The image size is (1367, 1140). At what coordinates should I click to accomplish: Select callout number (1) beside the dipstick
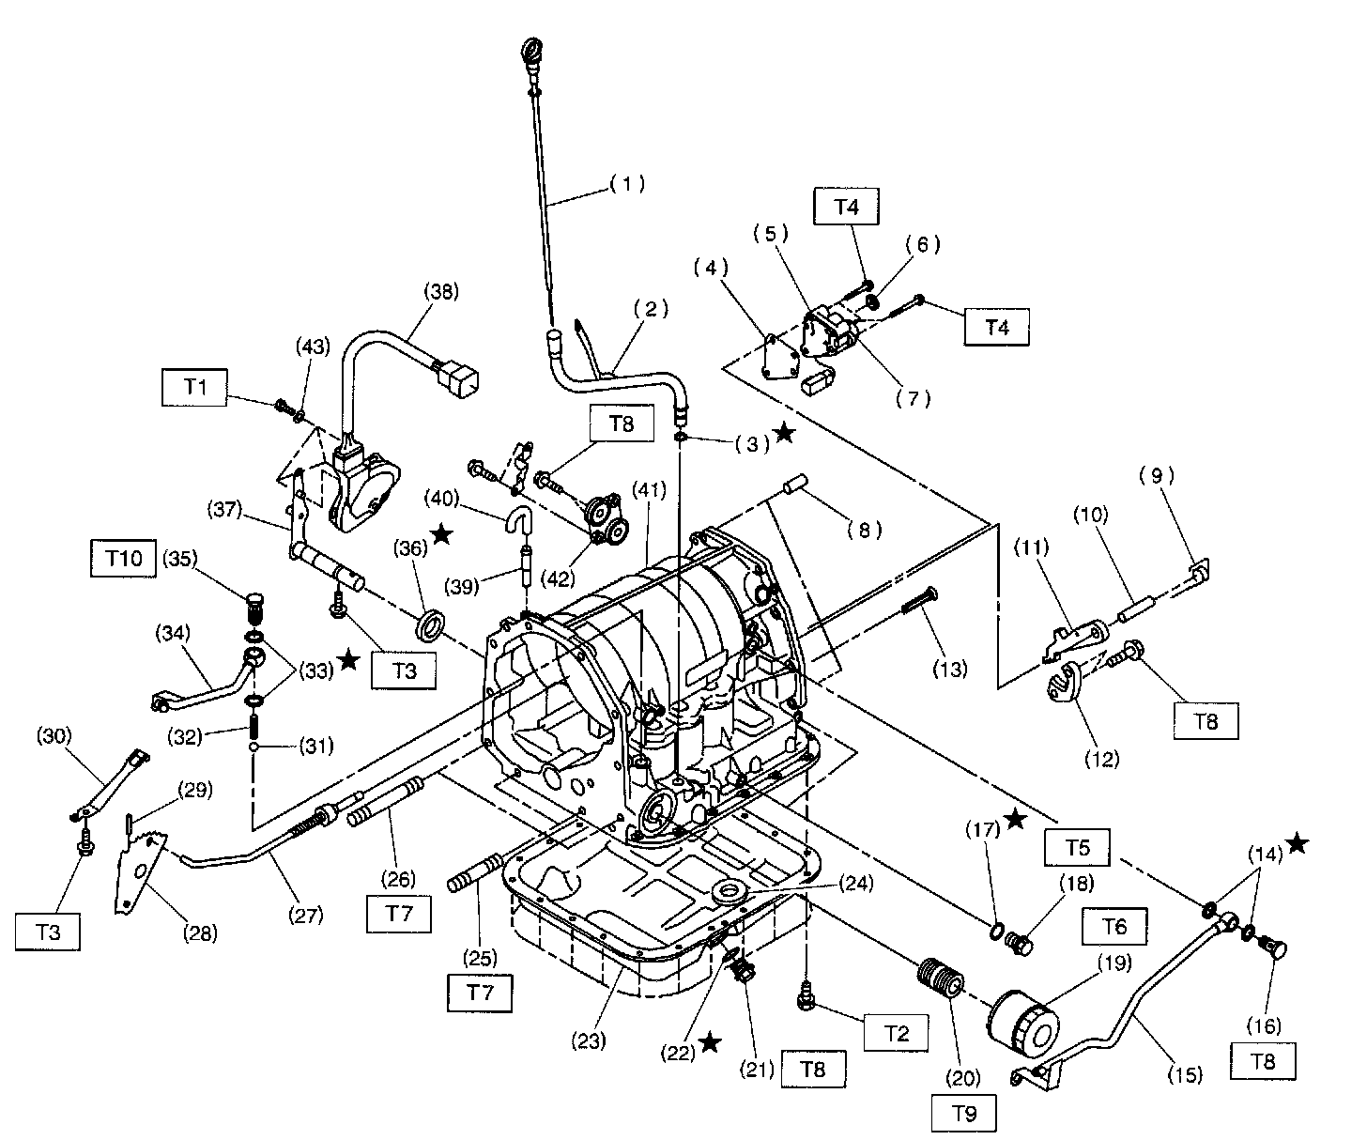coord(627,185)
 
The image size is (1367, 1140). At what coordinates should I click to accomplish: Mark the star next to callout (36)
coord(442,536)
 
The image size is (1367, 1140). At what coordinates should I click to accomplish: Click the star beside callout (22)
coord(710,1042)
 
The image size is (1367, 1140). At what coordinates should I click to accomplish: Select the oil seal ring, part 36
coord(433,624)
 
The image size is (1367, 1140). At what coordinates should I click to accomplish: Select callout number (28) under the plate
coord(200,932)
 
